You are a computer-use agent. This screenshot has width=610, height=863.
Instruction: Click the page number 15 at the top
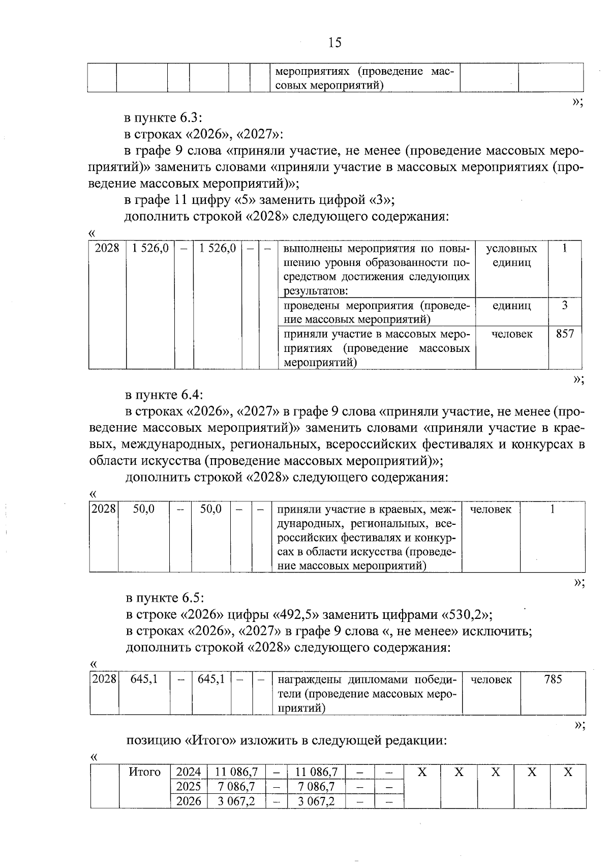tap(335, 43)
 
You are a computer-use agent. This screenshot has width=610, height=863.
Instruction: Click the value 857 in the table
tap(565, 334)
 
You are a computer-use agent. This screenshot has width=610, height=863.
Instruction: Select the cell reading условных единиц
tap(511, 256)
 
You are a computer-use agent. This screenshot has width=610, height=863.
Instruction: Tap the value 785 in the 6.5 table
tap(553, 679)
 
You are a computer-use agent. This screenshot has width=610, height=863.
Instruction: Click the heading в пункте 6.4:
tap(164, 394)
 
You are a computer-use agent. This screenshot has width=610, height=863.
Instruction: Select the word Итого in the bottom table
tap(144, 772)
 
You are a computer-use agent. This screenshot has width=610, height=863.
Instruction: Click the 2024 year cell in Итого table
tap(188, 772)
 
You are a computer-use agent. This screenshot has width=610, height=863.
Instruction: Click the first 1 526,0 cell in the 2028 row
tap(150, 248)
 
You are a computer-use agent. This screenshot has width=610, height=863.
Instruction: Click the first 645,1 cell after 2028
tap(144, 679)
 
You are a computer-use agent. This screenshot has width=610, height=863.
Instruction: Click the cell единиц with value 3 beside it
tap(511, 306)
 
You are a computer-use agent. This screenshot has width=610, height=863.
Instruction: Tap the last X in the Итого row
tap(568, 772)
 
